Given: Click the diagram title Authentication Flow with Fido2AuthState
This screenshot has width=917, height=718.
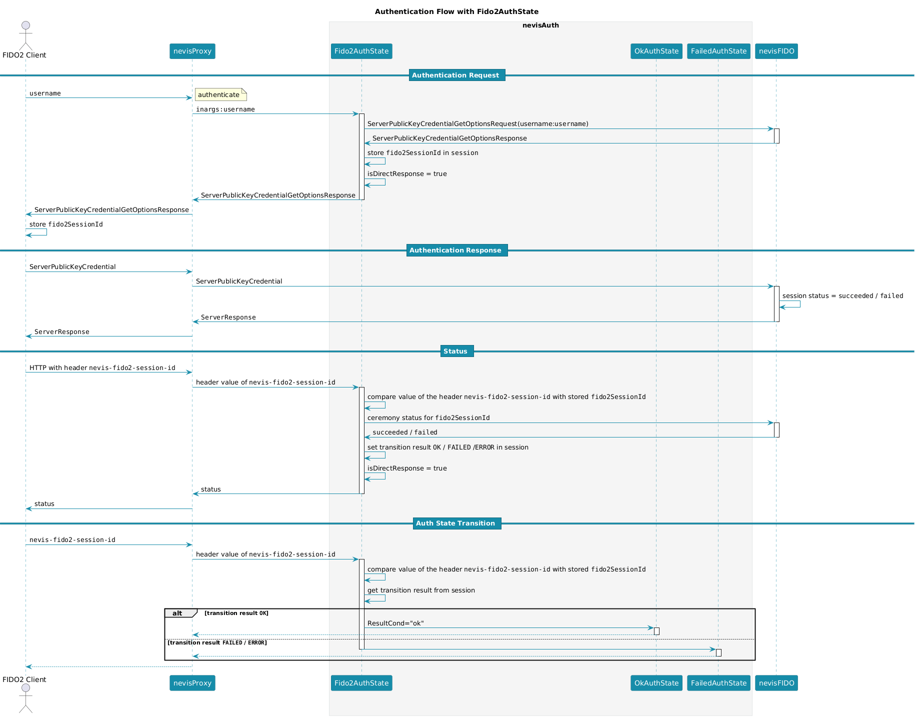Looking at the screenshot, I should (456, 11).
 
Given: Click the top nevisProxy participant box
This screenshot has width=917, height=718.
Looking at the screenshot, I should (192, 51).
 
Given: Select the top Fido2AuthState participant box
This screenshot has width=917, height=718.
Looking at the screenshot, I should (361, 51).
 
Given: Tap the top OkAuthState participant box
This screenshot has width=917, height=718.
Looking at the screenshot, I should (656, 51).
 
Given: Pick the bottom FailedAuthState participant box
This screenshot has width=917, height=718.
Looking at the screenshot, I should (718, 683).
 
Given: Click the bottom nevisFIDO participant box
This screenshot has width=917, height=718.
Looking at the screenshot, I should (776, 683).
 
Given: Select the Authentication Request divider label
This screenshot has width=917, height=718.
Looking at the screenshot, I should (456, 75).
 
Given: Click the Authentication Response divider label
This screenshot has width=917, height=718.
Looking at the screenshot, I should (456, 250).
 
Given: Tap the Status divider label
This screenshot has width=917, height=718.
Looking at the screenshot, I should (456, 351).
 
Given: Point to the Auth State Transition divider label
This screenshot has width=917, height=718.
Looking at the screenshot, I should (456, 523).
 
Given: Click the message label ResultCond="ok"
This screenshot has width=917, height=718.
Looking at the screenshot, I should (395, 623).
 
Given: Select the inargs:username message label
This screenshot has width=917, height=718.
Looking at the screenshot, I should (225, 109).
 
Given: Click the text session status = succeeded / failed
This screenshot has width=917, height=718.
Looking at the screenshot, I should (842, 296).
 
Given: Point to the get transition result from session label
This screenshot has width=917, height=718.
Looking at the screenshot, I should (421, 590).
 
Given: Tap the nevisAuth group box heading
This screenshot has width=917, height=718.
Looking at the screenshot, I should (540, 25).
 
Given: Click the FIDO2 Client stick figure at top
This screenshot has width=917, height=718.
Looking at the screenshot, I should (25, 34).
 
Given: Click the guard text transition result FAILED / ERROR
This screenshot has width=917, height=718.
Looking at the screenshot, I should (217, 643).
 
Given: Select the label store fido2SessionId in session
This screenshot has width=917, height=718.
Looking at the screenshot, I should (422, 153).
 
